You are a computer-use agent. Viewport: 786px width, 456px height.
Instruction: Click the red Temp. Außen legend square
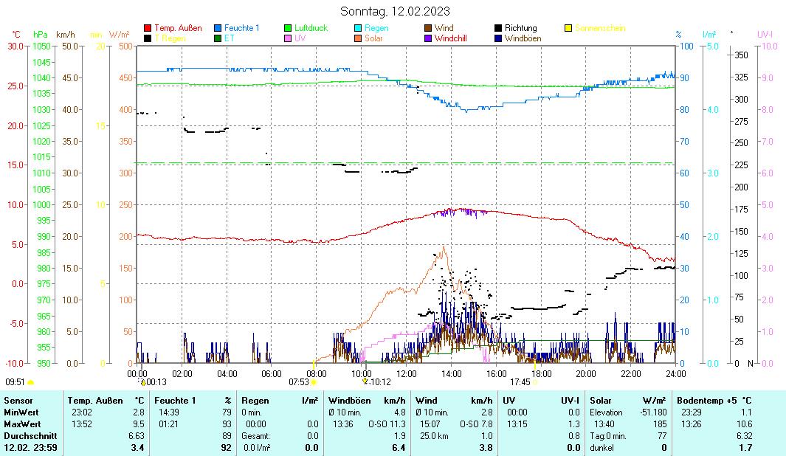148,28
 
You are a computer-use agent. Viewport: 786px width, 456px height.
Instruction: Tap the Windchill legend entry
450,38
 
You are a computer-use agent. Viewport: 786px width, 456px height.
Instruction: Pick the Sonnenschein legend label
600,28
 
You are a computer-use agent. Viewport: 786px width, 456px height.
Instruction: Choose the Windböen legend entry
523,38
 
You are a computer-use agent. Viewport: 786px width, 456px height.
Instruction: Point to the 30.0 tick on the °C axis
15,46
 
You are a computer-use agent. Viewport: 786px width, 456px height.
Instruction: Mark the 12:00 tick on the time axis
407,373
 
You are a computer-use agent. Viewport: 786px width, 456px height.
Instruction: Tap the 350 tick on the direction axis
741,55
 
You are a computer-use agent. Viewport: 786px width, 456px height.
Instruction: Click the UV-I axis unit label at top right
765,34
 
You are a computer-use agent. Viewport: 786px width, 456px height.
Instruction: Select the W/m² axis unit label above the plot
120,34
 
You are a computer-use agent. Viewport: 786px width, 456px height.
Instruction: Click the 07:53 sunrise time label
298,382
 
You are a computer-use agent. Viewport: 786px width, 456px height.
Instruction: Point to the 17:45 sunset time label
520,382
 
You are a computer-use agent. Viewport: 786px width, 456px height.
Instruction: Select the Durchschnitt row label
27,435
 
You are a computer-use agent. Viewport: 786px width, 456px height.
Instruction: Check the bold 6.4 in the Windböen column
399,448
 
